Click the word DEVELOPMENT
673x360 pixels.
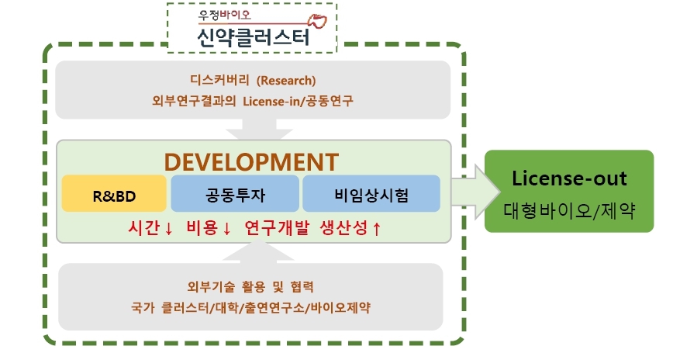pyautogui.click(x=252, y=161)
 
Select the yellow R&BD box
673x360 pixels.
pyautogui.click(x=114, y=194)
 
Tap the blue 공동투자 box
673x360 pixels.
pyautogui.click(x=235, y=194)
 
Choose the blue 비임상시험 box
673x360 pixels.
pyautogui.click(x=371, y=194)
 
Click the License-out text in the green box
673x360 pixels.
pyautogui.click(x=569, y=178)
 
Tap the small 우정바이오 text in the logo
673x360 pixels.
pyautogui.click(x=229, y=14)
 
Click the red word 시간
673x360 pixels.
pyautogui.click(x=144, y=228)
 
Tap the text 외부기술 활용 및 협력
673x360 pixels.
pyautogui.click(x=250, y=286)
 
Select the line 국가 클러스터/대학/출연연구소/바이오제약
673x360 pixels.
pyautogui.click(x=250, y=307)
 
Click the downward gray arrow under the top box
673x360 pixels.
pyautogui.click(x=253, y=128)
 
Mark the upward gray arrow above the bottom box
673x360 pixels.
pyautogui.click(x=253, y=251)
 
